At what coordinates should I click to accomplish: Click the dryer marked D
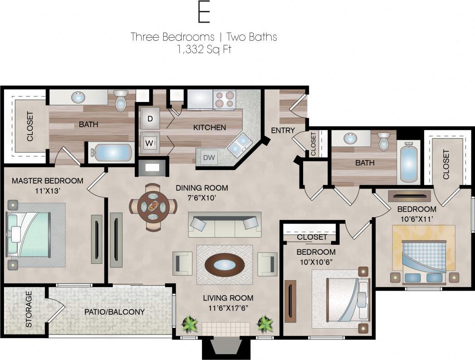pos(150,119)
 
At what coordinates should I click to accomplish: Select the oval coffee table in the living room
pos(225,265)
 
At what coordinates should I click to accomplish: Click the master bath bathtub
pos(110,152)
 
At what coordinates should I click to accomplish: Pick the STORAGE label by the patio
pos(29,310)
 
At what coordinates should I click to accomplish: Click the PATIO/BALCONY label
pos(114,312)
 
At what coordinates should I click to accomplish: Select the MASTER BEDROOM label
pos(48,181)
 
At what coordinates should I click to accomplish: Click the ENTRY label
pos(283,131)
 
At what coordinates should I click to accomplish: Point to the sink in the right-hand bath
pos(350,138)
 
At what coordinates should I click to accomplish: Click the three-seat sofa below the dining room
pos(225,225)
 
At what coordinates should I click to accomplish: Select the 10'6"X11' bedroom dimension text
pos(417,218)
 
